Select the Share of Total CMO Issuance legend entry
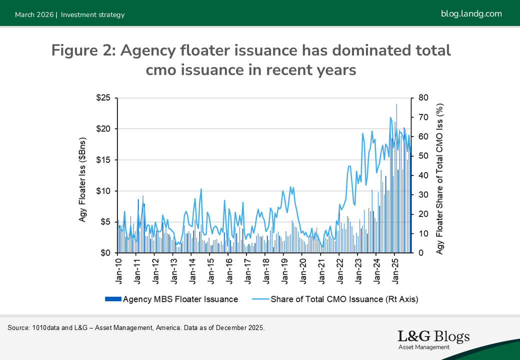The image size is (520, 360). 335,299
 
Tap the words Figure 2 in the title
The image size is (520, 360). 82,50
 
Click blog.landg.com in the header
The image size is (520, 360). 471,13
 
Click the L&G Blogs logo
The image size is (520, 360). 433,339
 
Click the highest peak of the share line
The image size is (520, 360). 390,117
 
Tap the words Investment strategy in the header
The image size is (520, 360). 92,14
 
